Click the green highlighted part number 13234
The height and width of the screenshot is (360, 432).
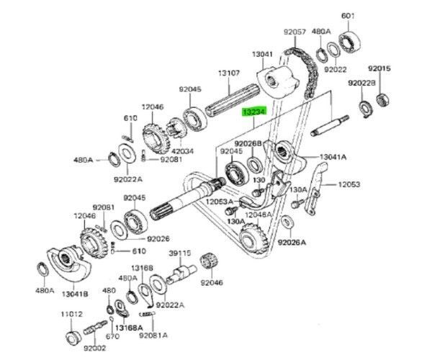(253, 112)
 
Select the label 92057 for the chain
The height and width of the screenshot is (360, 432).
(294, 32)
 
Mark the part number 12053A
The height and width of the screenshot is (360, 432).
(218, 202)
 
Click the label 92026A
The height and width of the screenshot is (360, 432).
(292, 243)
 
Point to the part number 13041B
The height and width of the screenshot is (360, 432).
(75, 293)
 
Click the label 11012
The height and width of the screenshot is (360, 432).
(71, 314)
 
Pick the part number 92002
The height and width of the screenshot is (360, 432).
(95, 348)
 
